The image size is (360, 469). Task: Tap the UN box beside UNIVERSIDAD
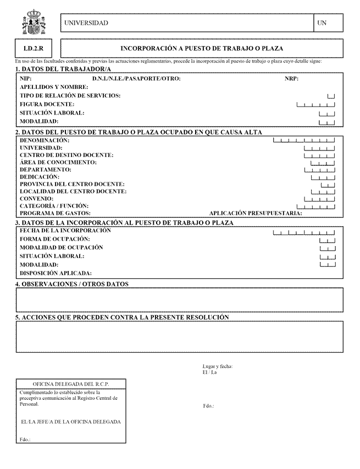(329, 23)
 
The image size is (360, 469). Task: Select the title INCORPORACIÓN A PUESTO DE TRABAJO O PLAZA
(202, 48)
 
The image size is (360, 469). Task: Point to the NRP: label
(291, 79)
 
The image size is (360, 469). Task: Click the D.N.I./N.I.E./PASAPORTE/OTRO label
(136, 79)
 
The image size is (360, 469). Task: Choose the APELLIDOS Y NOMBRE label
(54, 87)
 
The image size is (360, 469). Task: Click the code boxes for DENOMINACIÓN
(303, 141)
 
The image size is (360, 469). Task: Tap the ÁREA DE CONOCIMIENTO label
(58, 163)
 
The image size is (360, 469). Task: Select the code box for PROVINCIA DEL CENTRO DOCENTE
(328, 185)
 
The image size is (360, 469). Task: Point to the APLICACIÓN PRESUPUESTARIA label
(256, 213)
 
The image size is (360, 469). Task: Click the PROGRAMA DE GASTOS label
(55, 213)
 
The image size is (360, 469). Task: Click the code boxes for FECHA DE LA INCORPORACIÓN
(303, 233)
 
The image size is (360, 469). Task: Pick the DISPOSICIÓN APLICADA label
(56, 273)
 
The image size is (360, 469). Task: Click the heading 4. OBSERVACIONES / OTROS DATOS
(71, 284)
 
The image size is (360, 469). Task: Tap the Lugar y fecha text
(218, 366)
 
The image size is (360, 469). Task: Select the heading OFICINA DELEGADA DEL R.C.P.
(71, 383)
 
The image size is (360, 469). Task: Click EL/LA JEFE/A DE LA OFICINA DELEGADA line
(70, 422)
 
